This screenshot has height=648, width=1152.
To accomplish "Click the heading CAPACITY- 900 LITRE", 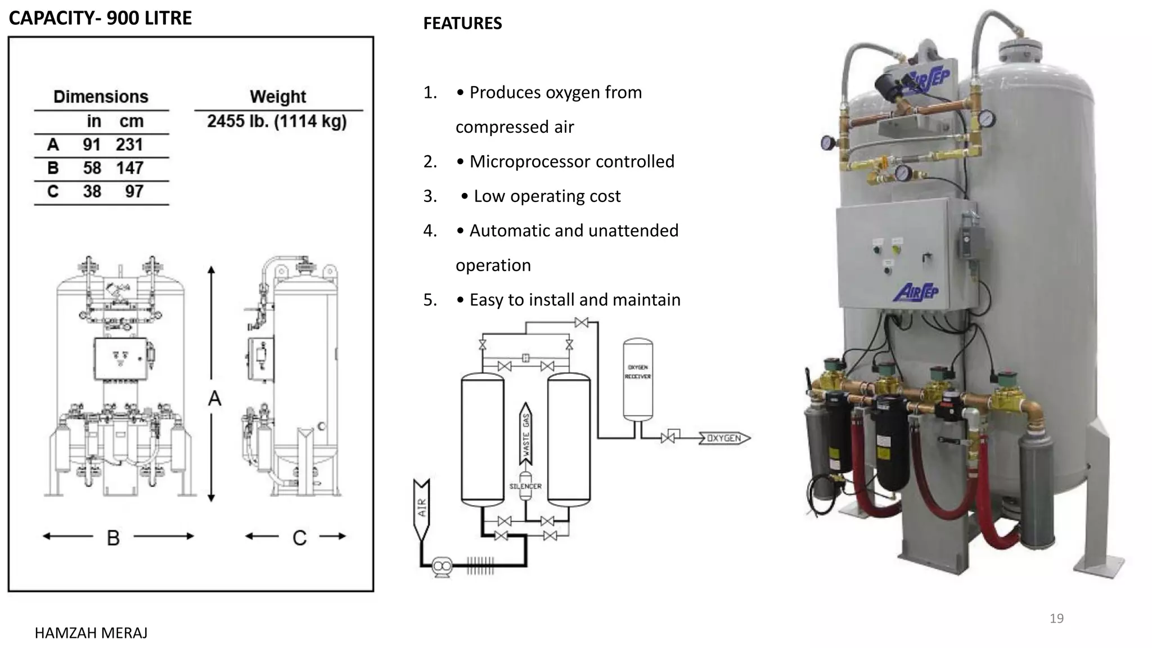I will click(x=100, y=18).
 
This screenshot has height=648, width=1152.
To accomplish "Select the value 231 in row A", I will click(x=129, y=145).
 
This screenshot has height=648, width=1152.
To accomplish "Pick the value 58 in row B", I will click(x=92, y=168).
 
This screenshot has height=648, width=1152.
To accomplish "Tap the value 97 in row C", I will click(x=134, y=192).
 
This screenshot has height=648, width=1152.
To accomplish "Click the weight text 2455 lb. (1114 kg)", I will click(x=277, y=121).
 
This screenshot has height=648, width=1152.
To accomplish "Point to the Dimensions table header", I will click(x=101, y=97).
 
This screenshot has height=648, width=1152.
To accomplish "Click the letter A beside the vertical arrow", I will click(x=214, y=399).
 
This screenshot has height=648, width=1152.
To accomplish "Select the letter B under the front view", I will click(x=113, y=538).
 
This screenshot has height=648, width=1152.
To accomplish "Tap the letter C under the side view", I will click(x=299, y=538).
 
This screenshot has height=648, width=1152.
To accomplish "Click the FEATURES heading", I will click(x=462, y=24).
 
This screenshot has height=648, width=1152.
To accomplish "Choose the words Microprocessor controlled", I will click(x=571, y=161).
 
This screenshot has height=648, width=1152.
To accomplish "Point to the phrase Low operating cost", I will click(x=547, y=196).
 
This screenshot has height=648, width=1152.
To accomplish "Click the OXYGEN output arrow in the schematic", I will click(x=724, y=438).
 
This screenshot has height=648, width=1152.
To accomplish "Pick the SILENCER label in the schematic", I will click(x=525, y=486).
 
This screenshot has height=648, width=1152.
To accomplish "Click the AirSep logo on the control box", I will click(x=916, y=292).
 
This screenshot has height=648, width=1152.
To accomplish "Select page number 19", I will click(x=1056, y=619).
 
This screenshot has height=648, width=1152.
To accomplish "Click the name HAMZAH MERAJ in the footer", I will click(x=91, y=633).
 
